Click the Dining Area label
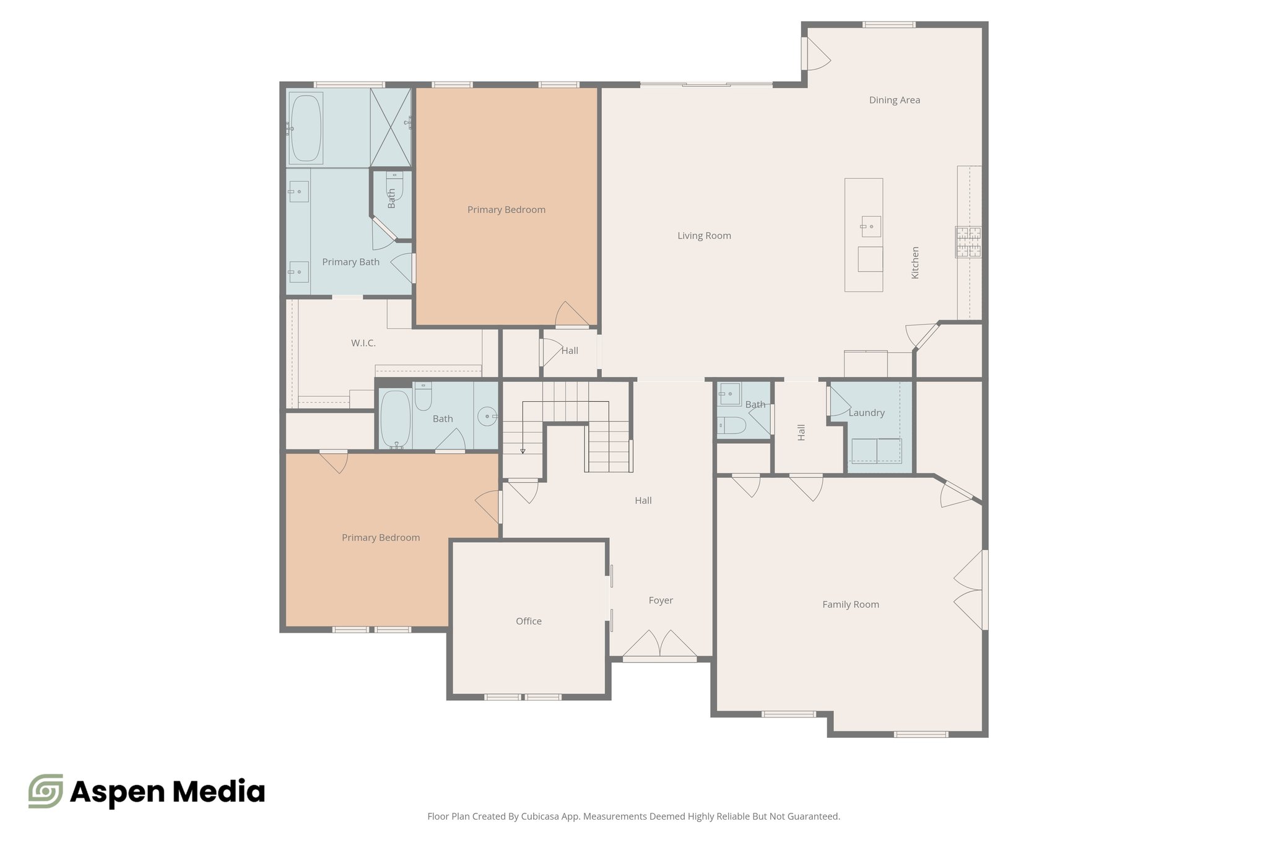[x=894, y=100]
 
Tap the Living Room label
[x=704, y=236]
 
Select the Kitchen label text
[x=915, y=262]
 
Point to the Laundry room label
[x=866, y=413]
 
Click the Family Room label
[x=850, y=605]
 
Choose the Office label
[x=528, y=622]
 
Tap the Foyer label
[x=661, y=600]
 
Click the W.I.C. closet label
[x=363, y=343]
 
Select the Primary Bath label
[x=350, y=262]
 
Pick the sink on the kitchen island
[x=871, y=227]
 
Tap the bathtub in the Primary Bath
[x=305, y=128]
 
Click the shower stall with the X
[x=391, y=128]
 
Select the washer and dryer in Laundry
[x=876, y=451]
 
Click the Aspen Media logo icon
[x=46, y=791]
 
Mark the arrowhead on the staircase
[x=523, y=451]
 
